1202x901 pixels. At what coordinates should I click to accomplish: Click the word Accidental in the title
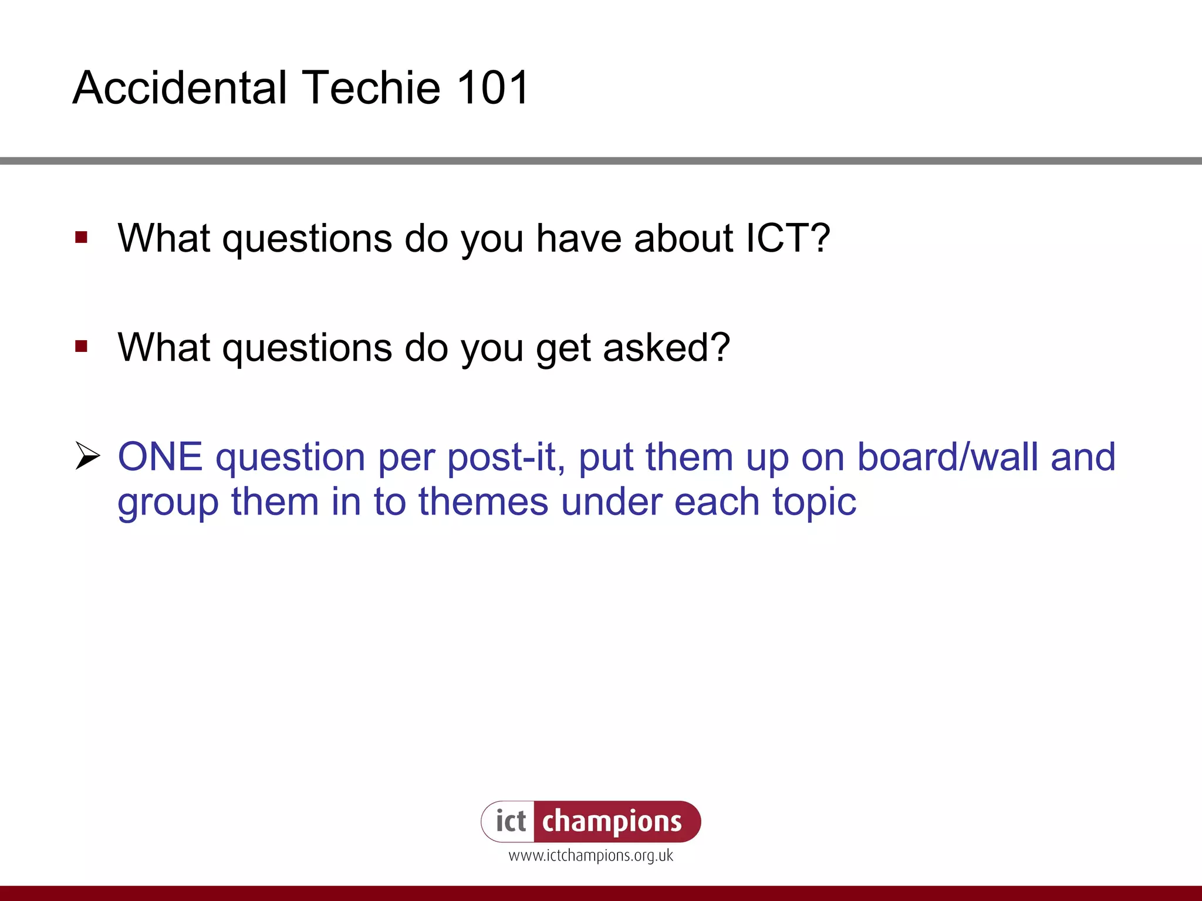coord(180,88)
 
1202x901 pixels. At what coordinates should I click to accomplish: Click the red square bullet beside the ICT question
coord(82,238)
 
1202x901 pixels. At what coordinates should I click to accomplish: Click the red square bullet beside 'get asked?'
coord(82,347)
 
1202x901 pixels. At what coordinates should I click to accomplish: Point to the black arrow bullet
coord(88,456)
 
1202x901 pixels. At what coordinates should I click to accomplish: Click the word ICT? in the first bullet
coord(788,238)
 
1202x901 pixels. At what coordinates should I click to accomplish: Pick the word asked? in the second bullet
coord(666,347)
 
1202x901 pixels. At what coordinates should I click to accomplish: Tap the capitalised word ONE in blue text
coord(160,457)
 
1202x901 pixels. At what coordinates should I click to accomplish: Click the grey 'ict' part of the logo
coord(510,821)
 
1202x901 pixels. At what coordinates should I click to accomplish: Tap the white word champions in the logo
coord(612,821)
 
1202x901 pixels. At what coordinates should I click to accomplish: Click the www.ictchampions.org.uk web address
coord(590,856)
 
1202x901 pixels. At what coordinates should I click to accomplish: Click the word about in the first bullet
coord(683,238)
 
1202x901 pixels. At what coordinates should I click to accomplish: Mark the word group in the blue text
coord(168,503)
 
